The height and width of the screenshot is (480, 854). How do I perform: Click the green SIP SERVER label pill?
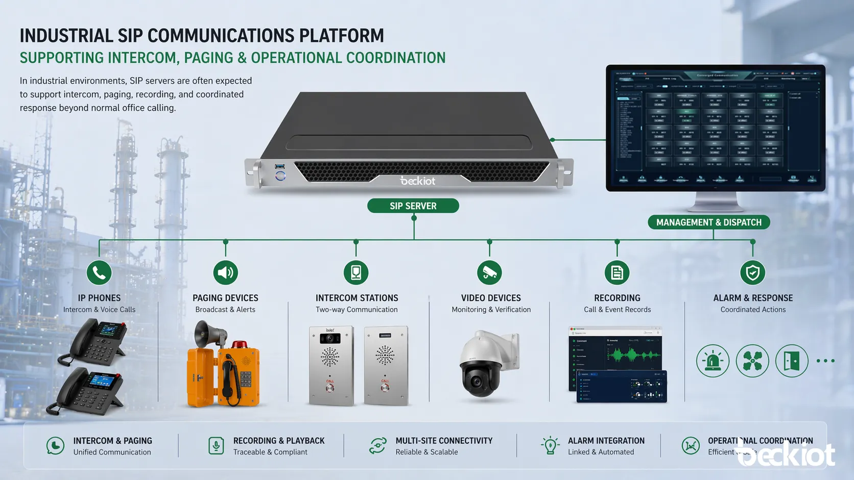413,206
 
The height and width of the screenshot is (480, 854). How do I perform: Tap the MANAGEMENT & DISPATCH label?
708,222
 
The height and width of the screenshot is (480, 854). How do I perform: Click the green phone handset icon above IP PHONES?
99,273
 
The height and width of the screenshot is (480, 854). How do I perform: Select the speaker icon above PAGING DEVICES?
225,273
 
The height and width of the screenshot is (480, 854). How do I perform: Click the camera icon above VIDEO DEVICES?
489,273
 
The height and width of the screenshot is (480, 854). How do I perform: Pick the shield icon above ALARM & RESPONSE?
752,273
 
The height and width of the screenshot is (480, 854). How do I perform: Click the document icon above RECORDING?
617,273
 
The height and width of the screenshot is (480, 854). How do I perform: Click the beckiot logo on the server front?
418,181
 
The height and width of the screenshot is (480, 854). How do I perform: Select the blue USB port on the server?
280,166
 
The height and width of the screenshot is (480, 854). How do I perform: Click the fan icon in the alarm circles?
752,361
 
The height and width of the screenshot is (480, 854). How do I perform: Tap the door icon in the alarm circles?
792,361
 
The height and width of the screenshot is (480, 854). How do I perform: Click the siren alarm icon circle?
713,361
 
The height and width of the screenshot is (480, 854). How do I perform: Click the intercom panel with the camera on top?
331,365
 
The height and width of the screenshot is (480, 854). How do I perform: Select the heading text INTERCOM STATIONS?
357,298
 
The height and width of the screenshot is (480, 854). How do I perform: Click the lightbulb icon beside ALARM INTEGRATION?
550,445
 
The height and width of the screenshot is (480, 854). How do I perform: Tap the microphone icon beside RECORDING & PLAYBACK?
216,445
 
